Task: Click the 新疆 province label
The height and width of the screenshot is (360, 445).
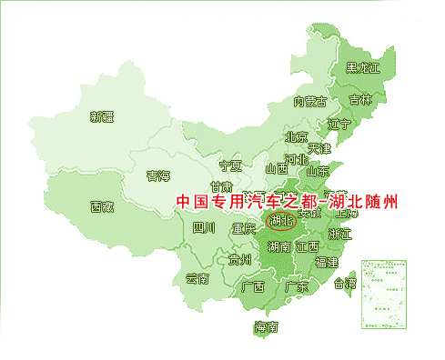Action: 102,116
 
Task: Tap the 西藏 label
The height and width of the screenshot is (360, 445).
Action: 102,206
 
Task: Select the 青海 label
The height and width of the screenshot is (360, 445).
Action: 158,175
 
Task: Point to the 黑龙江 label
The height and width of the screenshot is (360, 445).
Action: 363,68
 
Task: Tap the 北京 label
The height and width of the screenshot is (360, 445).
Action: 296,138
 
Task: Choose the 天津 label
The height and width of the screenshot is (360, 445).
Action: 319,147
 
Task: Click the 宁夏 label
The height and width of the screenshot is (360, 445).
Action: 231,166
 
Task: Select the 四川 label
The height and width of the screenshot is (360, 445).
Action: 204,228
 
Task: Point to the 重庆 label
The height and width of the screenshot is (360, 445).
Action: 244,228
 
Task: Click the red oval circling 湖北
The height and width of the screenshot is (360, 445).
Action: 278,220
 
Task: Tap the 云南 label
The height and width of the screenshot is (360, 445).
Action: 197,278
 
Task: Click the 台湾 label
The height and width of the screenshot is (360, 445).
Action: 346,283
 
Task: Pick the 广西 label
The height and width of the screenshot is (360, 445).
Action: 252,286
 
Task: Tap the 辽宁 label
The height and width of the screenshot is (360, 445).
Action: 339,125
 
